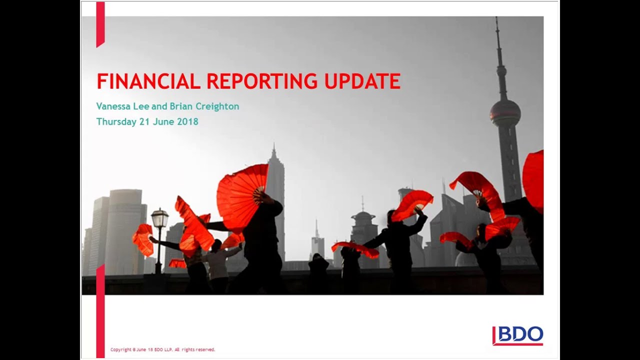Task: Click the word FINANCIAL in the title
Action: coord(148,81)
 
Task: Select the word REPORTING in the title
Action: coord(261,81)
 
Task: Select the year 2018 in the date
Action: coord(187,121)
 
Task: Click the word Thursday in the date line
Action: coord(115,121)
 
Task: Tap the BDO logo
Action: coord(517,335)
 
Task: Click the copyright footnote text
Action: coord(162,349)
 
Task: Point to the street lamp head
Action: coord(159,218)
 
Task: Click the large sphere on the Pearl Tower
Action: coord(505,112)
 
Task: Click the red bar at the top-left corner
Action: coord(100,24)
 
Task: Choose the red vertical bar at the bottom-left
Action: coord(100,310)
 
